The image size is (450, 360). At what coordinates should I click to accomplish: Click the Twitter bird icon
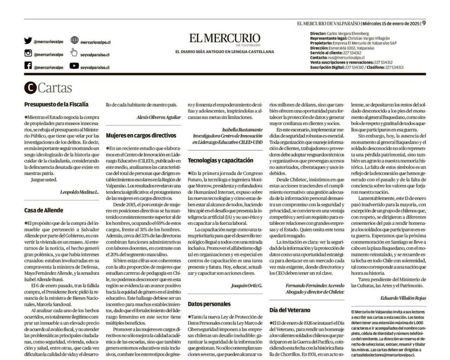(28, 41)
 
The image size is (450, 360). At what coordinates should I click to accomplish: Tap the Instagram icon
(28, 54)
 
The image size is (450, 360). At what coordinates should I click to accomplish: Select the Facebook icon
(28, 66)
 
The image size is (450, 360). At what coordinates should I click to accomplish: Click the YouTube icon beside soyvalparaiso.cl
(74, 66)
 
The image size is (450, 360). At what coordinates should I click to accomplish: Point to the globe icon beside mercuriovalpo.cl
(74, 40)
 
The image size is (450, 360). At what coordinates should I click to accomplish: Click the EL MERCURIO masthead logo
(225, 39)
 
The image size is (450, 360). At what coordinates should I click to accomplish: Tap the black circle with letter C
(30, 88)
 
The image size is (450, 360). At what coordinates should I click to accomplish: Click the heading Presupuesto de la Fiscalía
(56, 105)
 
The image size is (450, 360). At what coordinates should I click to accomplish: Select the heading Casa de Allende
(44, 210)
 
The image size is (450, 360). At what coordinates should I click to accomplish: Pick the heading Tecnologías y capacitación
(220, 160)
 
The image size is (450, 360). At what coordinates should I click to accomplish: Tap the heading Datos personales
(209, 303)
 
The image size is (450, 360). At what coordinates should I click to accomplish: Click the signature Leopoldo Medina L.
(80, 192)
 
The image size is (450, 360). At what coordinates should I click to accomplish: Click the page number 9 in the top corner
(424, 24)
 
